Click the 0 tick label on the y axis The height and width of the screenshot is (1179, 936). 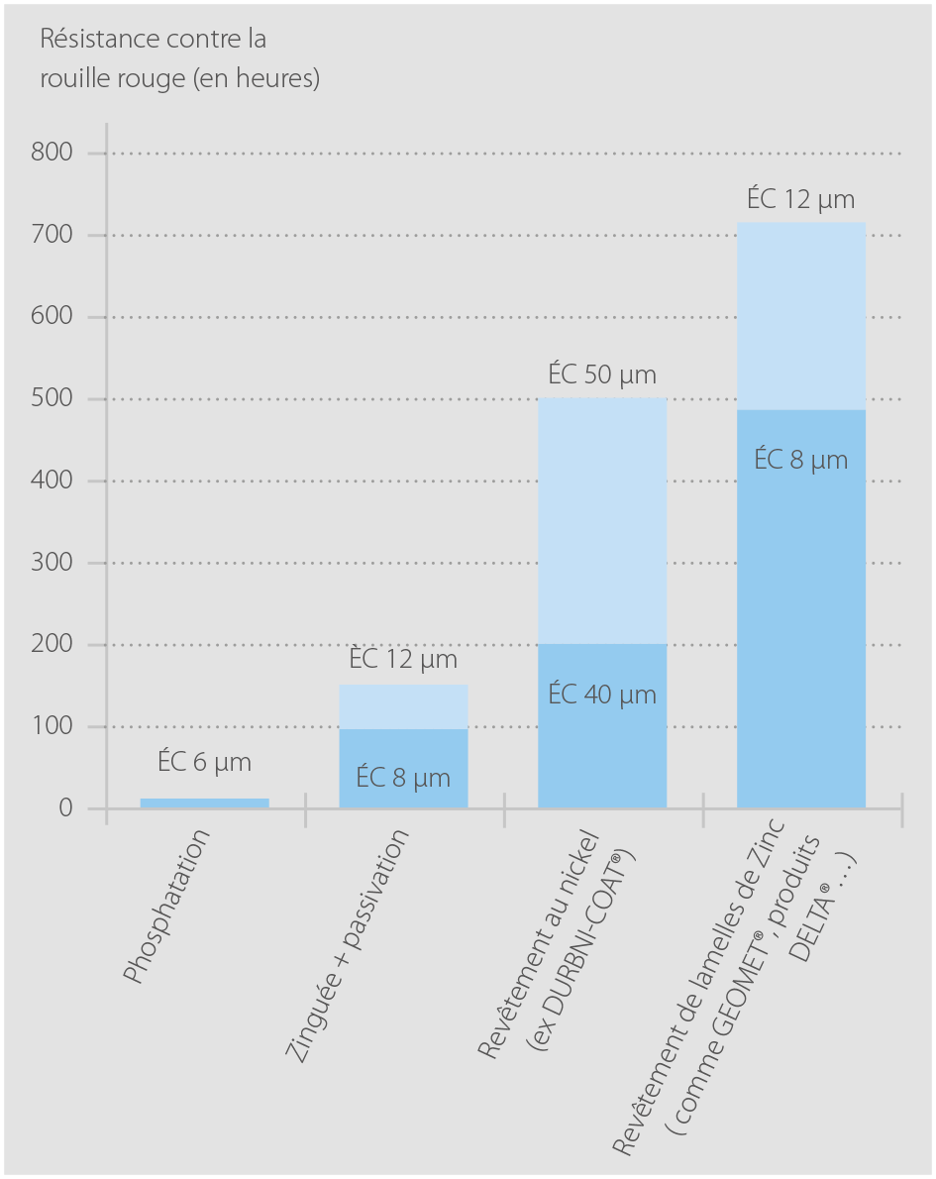click(x=65, y=808)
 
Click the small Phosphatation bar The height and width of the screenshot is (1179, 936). click(x=204, y=803)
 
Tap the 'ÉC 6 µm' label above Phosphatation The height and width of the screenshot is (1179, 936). click(x=204, y=763)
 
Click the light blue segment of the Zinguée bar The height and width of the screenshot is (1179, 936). click(x=403, y=706)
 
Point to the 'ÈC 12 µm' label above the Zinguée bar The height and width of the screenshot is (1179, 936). click(x=403, y=659)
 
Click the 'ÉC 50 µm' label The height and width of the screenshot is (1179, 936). click(x=602, y=375)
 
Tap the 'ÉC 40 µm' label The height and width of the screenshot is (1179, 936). click(x=602, y=695)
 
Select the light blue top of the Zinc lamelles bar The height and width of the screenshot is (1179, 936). click(x=801, y=317)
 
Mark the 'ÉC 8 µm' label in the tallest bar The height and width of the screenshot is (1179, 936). click(x=801, y=460)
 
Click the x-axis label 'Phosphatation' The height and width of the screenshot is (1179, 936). click(x=168, y=907)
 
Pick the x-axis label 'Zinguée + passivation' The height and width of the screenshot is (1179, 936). click(x=347, y=946)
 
